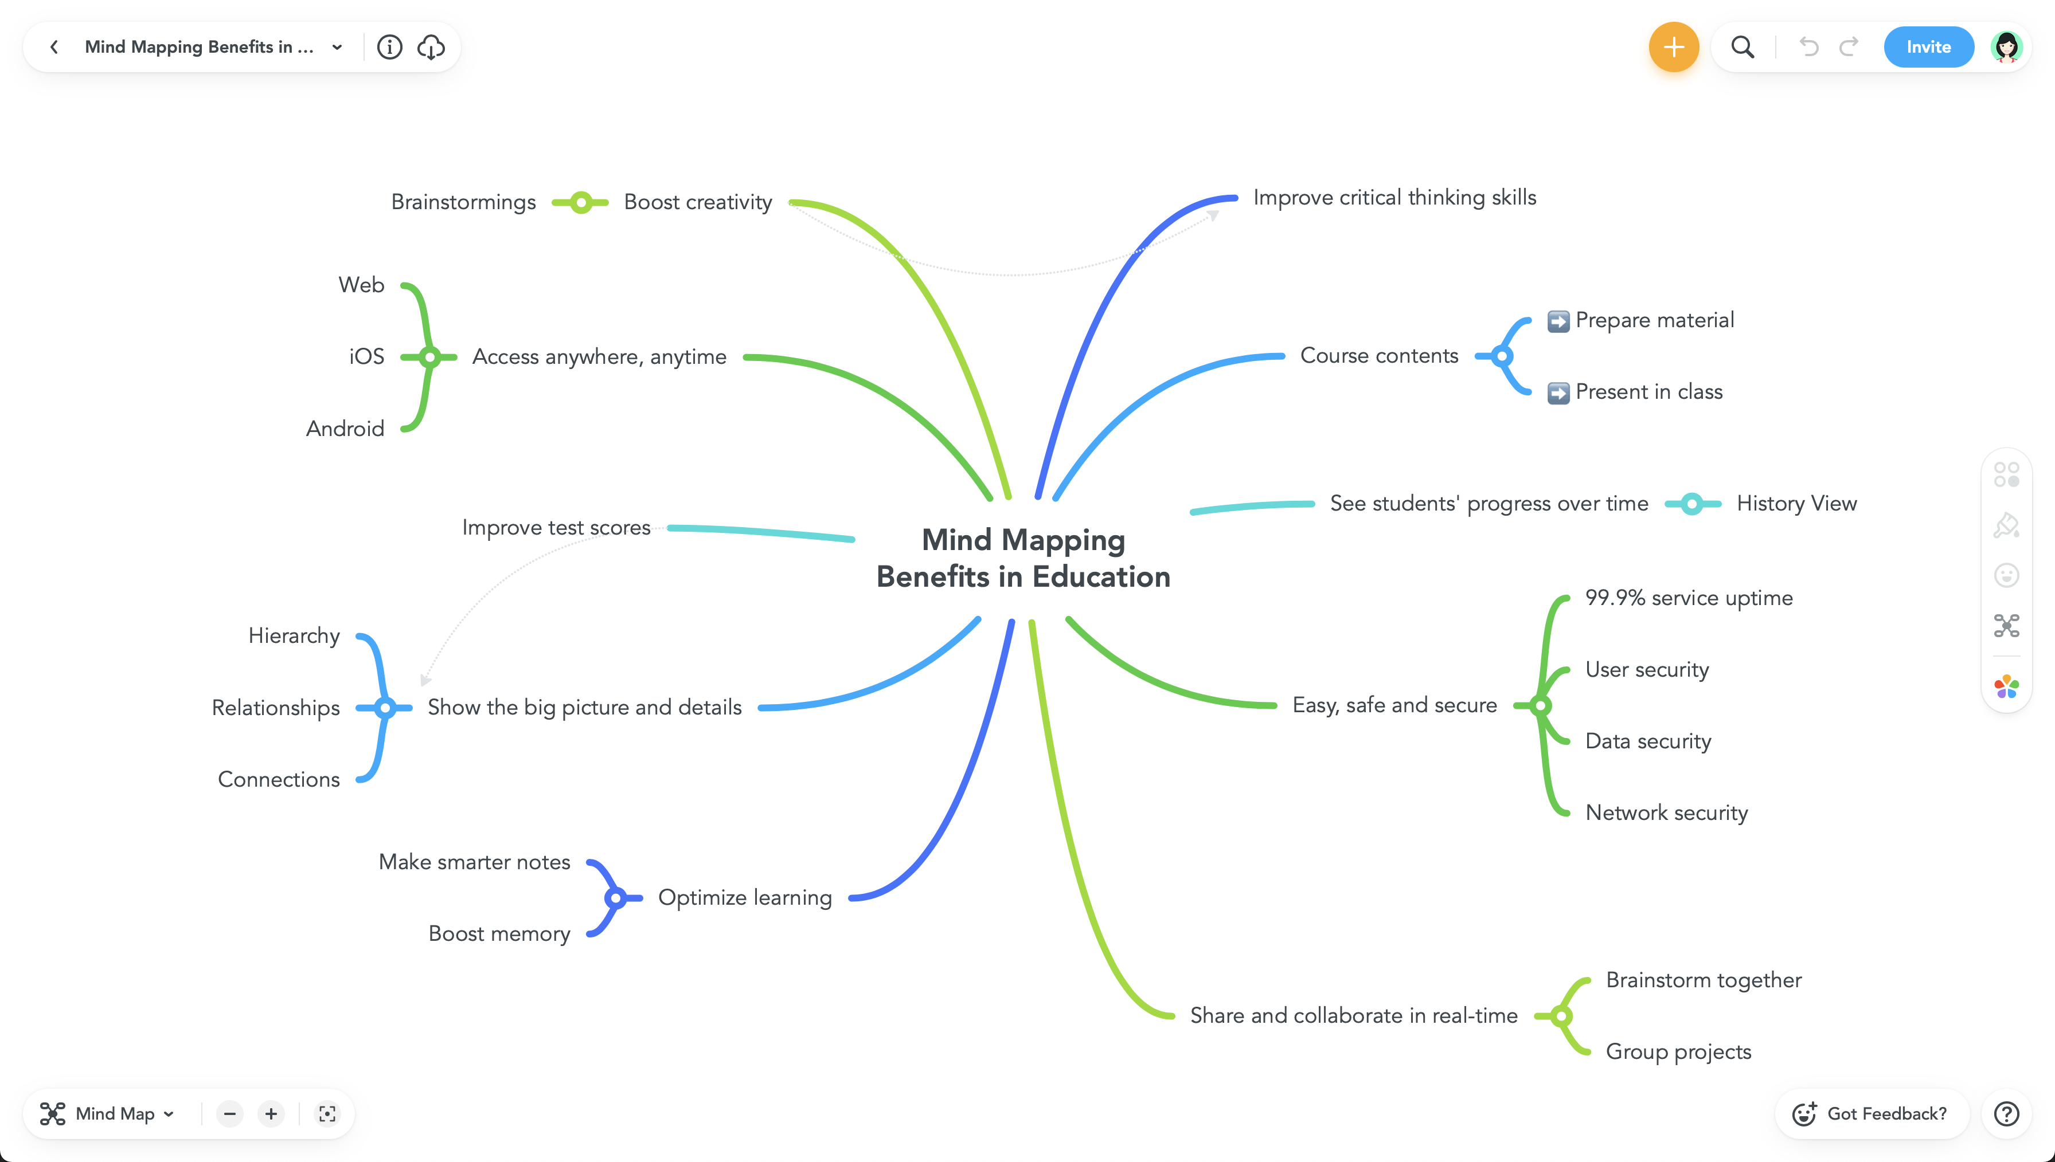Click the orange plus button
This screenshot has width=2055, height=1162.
[x=1673, y=47]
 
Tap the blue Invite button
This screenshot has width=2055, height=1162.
[x=1928, y=47]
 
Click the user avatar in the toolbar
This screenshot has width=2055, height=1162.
[x=2006, y=47]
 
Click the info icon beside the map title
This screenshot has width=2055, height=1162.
[x=389, y=47]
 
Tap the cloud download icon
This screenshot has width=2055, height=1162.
[x=431, y=47]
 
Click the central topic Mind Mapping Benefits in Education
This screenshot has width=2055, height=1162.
[x=1023, y=558]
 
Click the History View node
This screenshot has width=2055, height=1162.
[x=1796, y=504]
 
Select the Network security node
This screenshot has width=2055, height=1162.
[x=1666, y=812]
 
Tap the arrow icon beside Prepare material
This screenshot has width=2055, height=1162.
[x=1558, y=321]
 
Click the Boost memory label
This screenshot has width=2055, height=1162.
[x=499, y=934]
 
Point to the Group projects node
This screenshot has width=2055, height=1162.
[x=1678, y=1052]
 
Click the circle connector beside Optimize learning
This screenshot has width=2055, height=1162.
[x=615, y=898]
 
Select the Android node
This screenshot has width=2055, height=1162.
[x=345, y=429]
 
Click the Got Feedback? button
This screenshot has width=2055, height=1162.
[x=1872, y=1113]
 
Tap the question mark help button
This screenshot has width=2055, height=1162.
[x=2006, y=1113]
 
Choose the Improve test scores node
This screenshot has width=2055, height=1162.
[x=556, y=528]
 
